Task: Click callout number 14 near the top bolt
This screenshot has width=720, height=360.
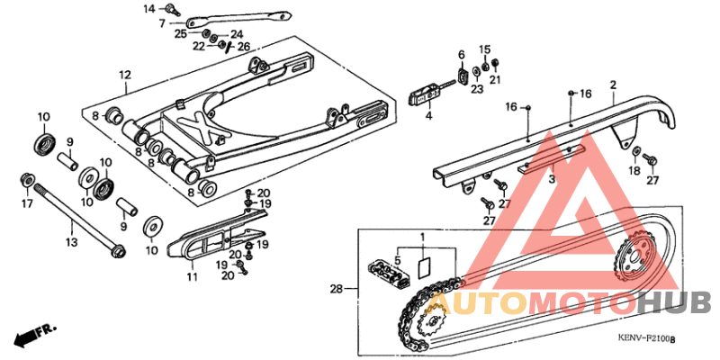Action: (x=149, y=8)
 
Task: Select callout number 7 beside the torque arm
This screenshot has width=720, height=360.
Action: (x=162, y=22)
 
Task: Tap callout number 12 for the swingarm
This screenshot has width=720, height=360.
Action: (x=124, y=74)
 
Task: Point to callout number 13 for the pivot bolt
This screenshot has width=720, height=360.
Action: (x=70, y=241)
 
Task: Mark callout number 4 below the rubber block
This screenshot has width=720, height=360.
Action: (x=428, y=115)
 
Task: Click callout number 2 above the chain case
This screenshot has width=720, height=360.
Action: (x=612, y=85)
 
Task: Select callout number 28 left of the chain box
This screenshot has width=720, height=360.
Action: (x=336, y=289)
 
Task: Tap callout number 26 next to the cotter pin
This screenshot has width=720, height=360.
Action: (x=244, y=46)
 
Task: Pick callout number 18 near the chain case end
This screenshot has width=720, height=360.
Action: (x=634, y=170)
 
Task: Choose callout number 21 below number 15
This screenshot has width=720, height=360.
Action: (x=493, y=79)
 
